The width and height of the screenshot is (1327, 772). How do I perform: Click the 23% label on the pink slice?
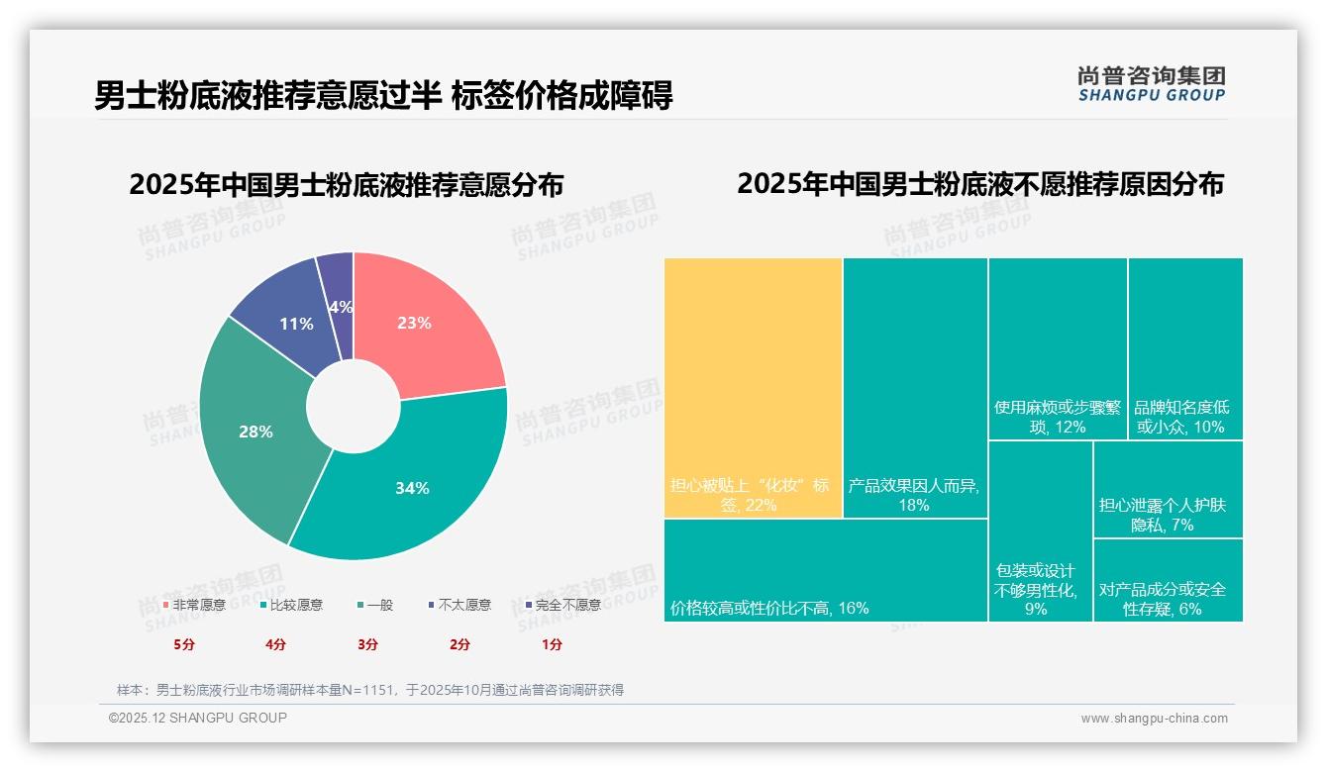tap(414, 323)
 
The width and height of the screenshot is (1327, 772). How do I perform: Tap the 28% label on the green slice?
tap(255, 432)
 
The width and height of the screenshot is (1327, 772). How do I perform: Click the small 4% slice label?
tap(341, 307)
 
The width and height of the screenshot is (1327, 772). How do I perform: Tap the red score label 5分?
tap(184, 644)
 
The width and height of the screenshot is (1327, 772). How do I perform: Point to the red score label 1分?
tap(552, 644)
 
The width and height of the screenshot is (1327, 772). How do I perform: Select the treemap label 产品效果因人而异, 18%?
tap(913, 495)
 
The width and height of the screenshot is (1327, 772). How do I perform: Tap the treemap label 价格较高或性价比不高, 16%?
tap(769, 608)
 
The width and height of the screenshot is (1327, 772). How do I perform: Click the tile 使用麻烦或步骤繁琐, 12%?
tap(1057, 417)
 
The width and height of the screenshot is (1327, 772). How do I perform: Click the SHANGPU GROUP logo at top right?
tap(1151, 84)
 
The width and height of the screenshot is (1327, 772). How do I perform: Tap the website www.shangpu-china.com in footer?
tap(1154, 719)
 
